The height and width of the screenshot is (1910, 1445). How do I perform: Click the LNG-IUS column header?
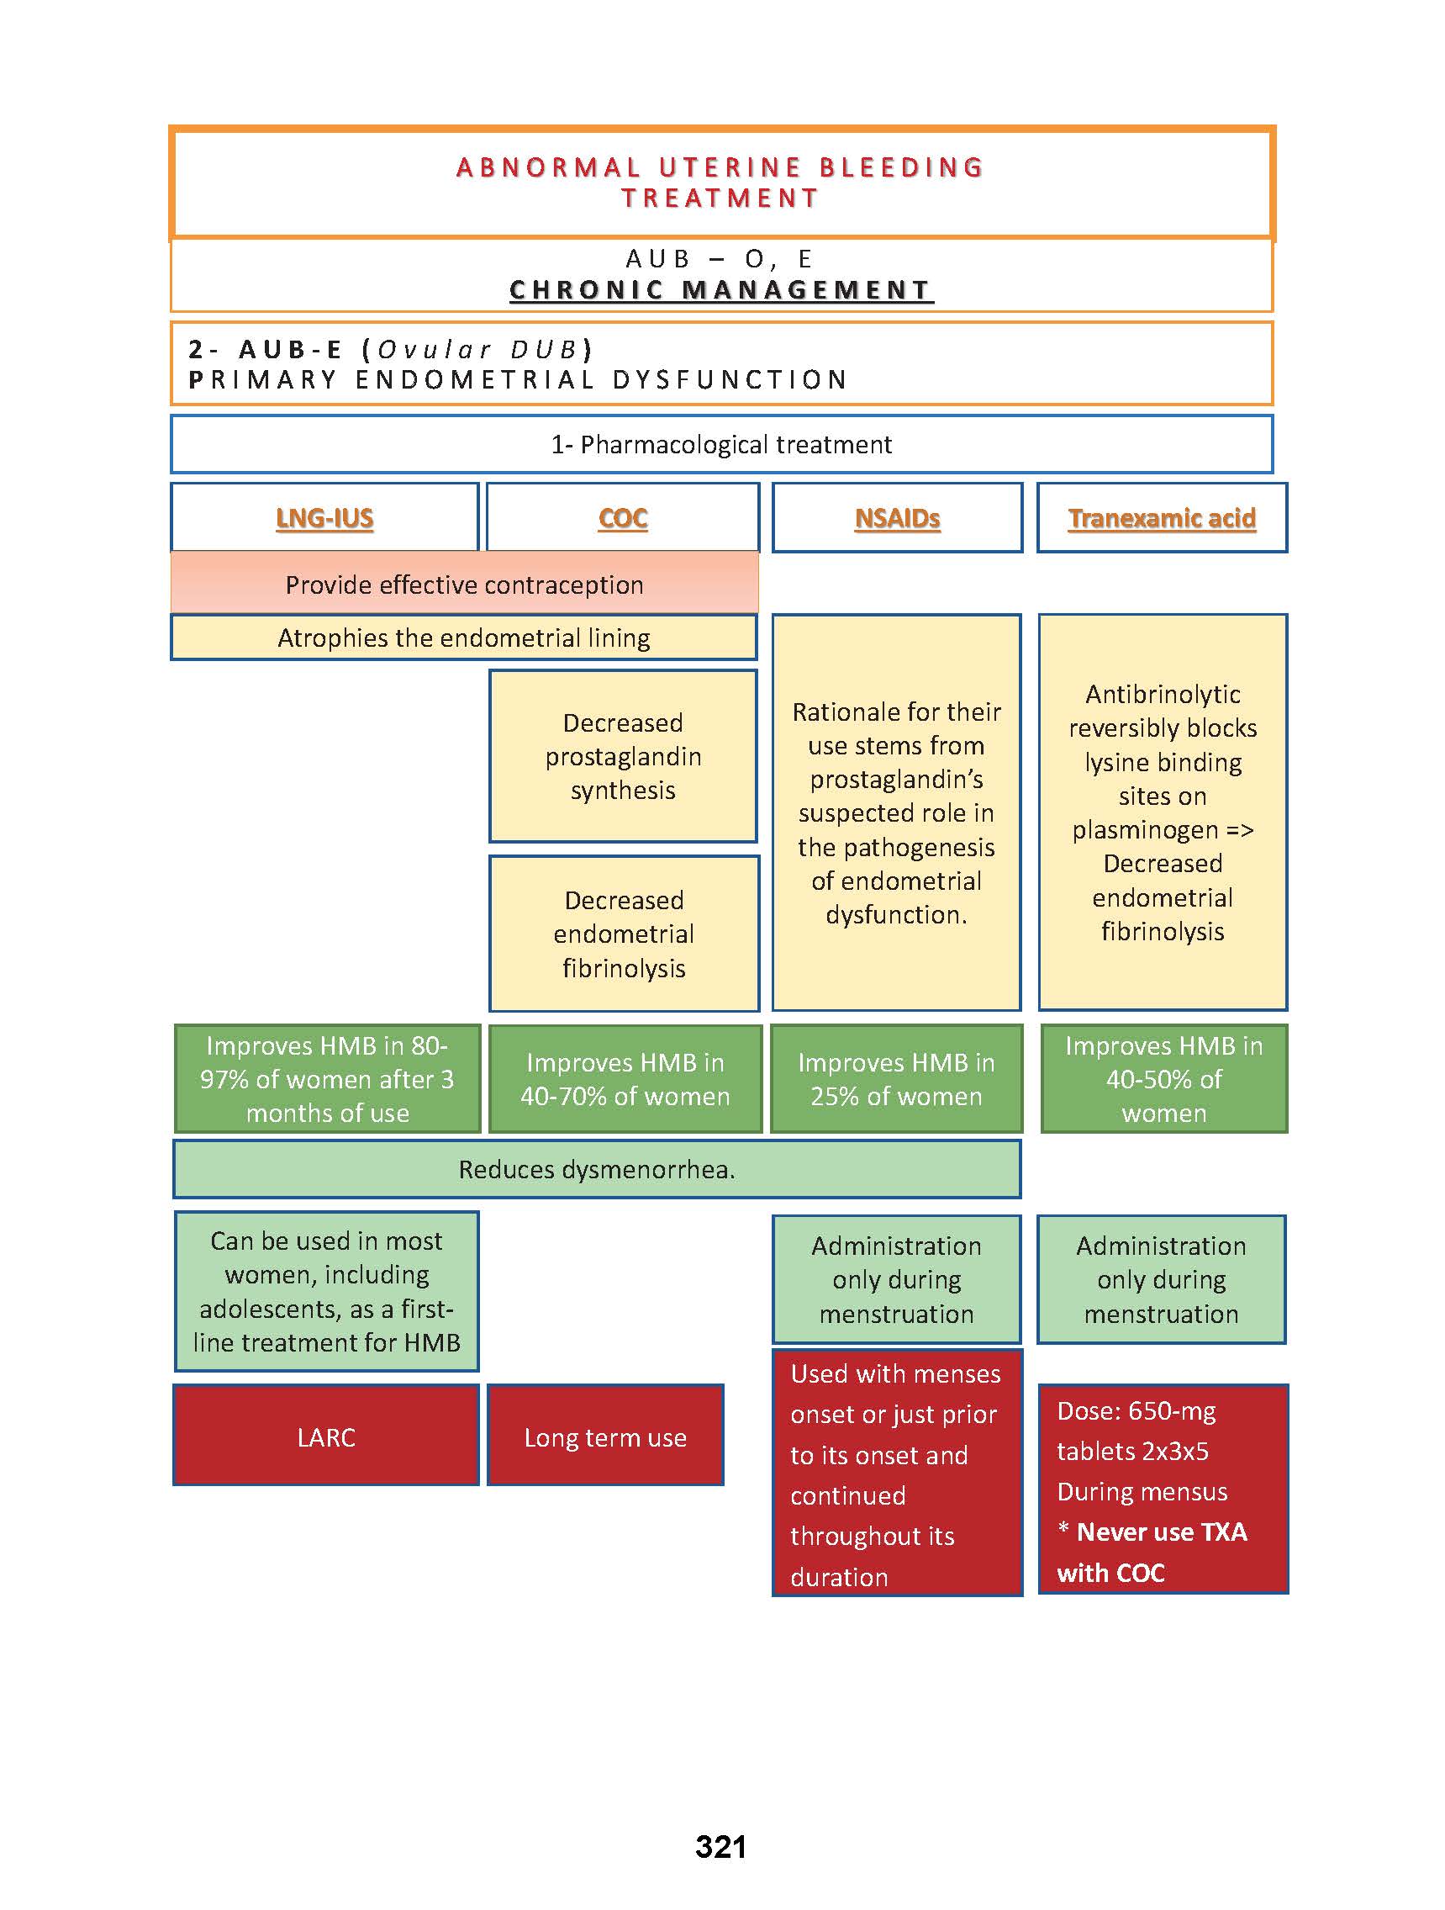pyautogui.click(x=324, y=518)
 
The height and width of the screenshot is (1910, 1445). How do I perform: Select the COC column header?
pyautogui.click(x=622, y=518)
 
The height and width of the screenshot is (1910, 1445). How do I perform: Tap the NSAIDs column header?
pyautogui.click(x=897, y=518)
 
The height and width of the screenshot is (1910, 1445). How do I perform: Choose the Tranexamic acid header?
pyautogui.click(x=1162, y=518)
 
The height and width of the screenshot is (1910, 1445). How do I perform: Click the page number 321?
pyautogui.click(x=720, y=1847)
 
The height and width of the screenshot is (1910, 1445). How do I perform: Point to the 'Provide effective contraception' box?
pyautogui.click(x=464, y=585)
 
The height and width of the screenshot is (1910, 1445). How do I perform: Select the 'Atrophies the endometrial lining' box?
pyautogui.click(x=463, y=638)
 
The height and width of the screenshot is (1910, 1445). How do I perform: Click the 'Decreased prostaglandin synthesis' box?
pyautogui.click(x=622, y=756)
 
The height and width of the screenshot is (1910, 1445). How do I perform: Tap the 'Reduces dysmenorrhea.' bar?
pyautogui.click(x=597, y=1169)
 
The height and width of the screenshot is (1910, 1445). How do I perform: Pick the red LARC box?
pyautogui.click(x=325, y=1437)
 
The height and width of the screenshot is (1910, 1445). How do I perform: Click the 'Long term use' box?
pyautogui.click(x=605, y=1437)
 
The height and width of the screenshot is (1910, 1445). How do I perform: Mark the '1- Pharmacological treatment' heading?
pyautogui.click(x=720, y=445)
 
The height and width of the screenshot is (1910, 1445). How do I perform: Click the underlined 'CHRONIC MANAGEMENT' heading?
pyautogui.click(x=720, y=290)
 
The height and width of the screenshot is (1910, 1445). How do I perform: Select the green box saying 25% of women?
pyautogui.click(x=896, y=1079)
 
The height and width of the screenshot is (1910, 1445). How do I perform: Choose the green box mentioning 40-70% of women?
pyautogui.click(x=625, y=1079)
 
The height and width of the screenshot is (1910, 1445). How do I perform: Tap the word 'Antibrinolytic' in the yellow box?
pyautogui.click(x=1163, y=694)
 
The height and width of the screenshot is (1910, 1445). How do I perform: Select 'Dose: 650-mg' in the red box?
pyautogui.click(x=1136, y=1411)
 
